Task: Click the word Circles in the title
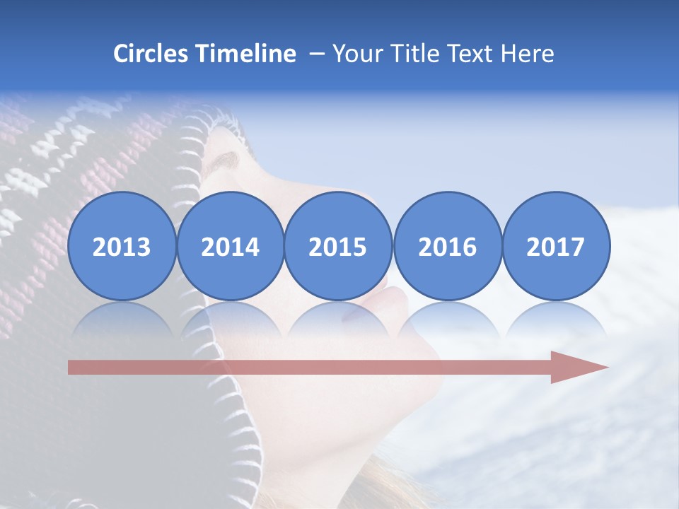pos(151,54)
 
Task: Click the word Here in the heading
pos(527,54)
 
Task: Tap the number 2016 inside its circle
pos(448,247)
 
